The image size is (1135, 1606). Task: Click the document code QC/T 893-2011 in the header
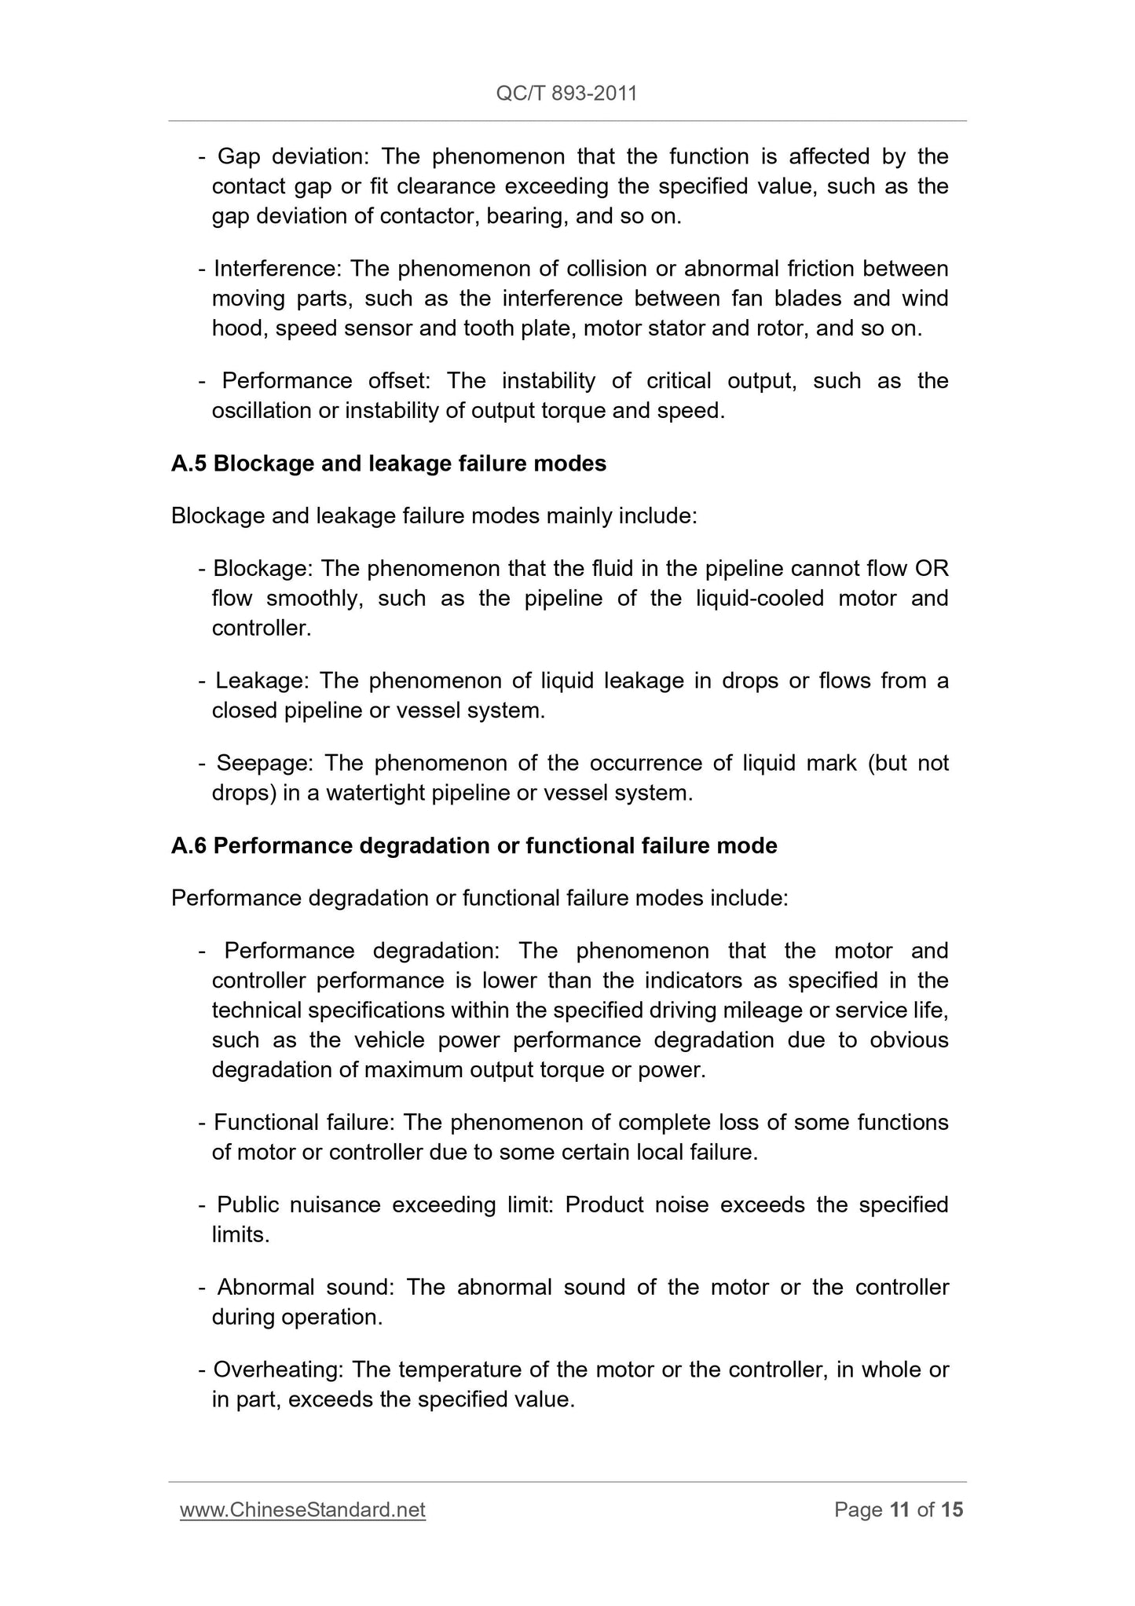tap(566, 93)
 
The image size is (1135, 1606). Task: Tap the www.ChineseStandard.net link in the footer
tap(302, 1509)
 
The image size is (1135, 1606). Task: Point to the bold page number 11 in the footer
tap(899, 1509)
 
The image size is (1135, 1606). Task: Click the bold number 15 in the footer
tap(951, 1509)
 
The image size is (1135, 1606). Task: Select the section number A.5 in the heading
tap(189, 464)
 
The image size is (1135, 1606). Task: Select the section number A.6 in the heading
tap(189, 845)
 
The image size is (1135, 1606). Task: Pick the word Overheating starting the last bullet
tap(278, 1369)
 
